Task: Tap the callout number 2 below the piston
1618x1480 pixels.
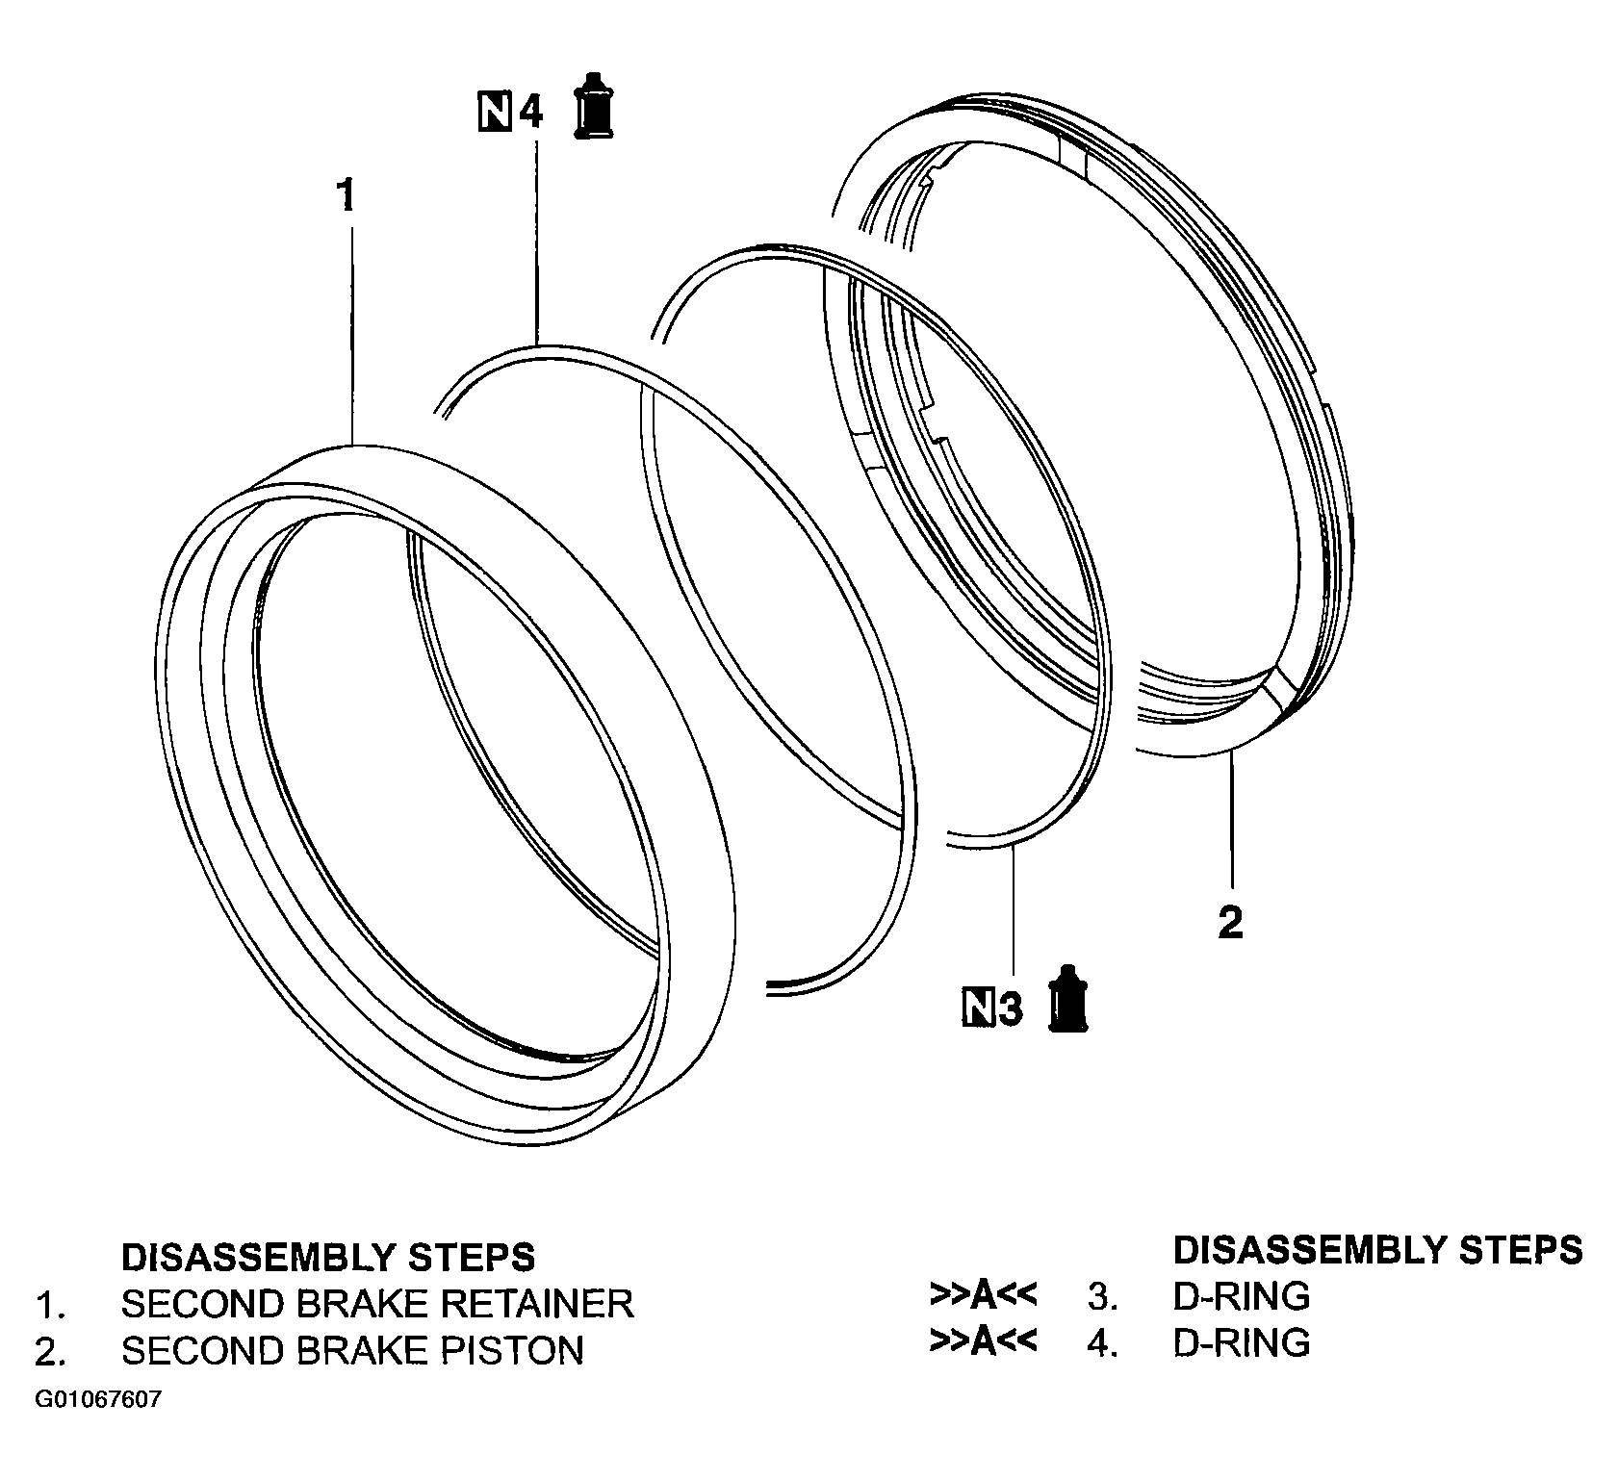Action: click(x=1231, y=923)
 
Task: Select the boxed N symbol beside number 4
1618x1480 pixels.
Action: click(x=496, y=112)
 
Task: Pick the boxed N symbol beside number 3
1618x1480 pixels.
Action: click(x=979, y=1009)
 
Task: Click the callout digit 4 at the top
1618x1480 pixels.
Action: click(x=531, y=112)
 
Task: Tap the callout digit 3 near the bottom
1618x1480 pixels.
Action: click(x=1009, y=1009)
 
